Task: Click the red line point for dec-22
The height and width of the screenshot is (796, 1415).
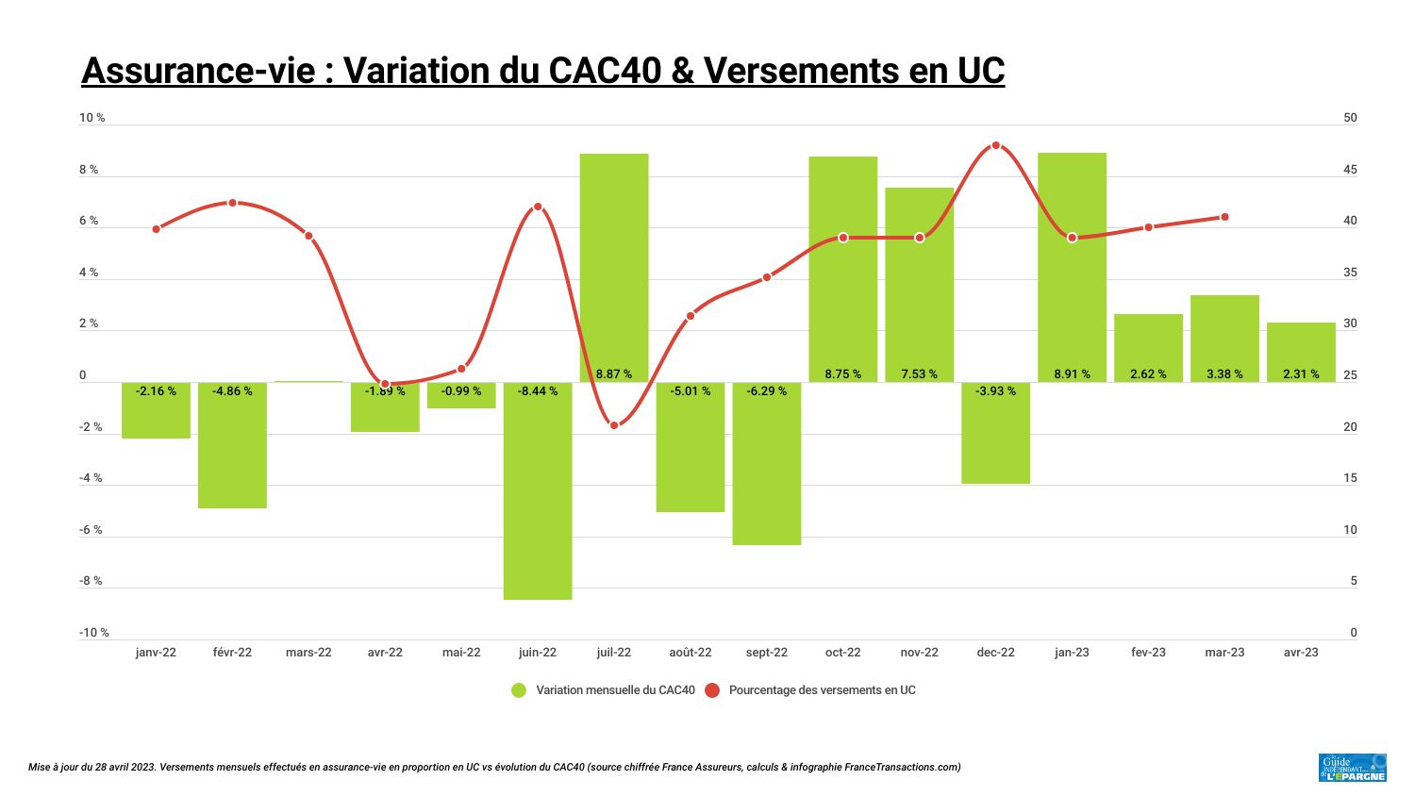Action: [x=996, y=145]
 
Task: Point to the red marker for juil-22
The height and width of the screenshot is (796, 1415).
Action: [x=614, y=425]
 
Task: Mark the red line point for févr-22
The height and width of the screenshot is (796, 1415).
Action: [x=232, y=203]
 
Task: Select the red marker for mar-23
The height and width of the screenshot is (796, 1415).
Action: [x=1224, y=217]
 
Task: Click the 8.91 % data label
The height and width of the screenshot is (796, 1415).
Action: [x=1072, y=374]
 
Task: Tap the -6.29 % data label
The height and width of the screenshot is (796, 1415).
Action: [x=766, y=391]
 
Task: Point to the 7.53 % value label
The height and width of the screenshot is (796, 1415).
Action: [x=919, y=374]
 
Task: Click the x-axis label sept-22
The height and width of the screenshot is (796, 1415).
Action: [x=766, y=653]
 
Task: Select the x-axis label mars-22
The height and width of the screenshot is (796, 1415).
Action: [x=308, y=653]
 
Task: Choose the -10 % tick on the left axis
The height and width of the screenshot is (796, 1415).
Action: [x=93, y=633]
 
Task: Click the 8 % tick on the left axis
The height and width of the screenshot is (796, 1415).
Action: [x=89, y=170]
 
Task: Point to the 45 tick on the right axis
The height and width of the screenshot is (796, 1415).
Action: [x=1350, y=170]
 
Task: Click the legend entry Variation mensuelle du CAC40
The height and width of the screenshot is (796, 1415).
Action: [x=615, y=690]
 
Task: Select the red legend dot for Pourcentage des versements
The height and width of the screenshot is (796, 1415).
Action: [x=711, y=690]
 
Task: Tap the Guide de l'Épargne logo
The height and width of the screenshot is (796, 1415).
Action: [x=1352, y=768]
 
